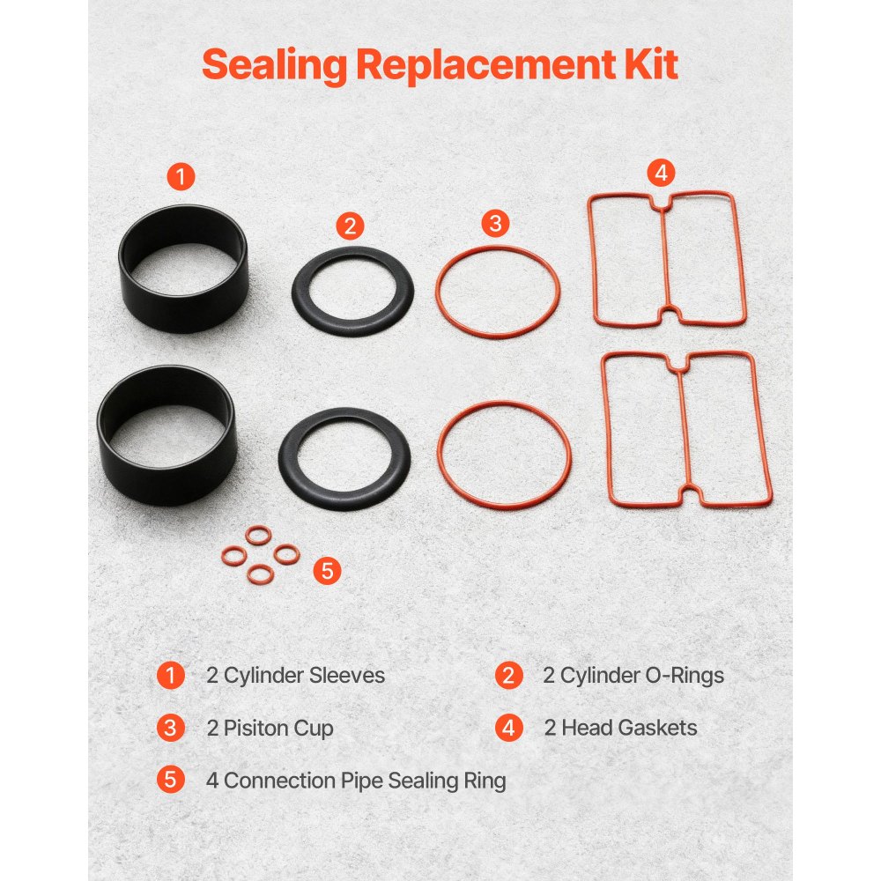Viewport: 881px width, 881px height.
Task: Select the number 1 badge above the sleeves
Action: [181, 176]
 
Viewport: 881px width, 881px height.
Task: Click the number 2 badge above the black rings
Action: [350, 226]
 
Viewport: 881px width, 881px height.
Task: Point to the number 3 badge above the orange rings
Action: [495, 223]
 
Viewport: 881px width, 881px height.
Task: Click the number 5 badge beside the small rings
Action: [327, 571]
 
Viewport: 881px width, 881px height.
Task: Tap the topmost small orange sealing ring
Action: [258, 536]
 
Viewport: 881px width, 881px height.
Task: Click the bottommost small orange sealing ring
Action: [260, 574]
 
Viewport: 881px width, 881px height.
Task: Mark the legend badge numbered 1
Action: [170, 676]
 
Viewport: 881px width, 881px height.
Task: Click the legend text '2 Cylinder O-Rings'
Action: [633, 676]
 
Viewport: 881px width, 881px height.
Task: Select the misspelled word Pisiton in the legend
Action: [255, 729]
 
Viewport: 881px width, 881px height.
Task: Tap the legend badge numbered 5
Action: [170, 780]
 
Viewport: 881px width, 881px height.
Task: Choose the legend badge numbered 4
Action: [509, 728]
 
